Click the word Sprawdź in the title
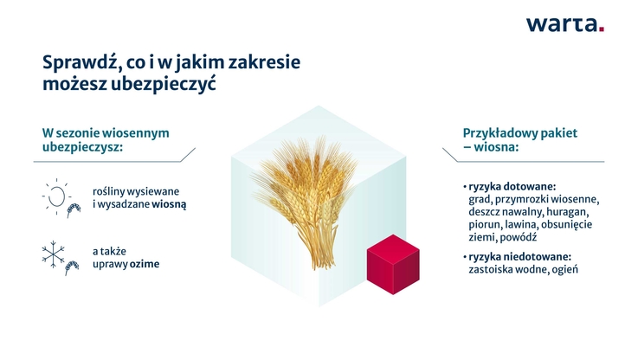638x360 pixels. (81, 64)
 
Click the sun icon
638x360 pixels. (56, 196)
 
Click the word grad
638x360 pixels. (480, 199)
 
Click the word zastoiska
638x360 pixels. (492, 269)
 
